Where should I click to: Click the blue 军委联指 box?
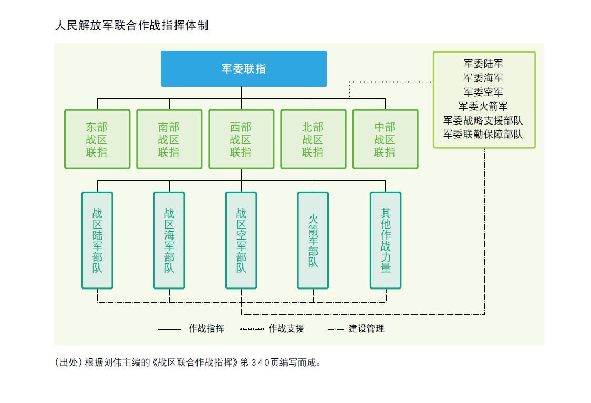click(x=243, y=69)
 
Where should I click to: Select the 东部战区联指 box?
click(x=97, y=139)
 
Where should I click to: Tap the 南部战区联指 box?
click(x=169, y=139)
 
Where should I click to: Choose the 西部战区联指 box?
click(x=241, y=139)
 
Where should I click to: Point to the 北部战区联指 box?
click(x=313, y=139)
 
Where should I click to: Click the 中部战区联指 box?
click(x=385, y=139)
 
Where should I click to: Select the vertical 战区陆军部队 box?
click(x=97, y=240)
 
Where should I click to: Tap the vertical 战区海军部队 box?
click(x=169, y=240)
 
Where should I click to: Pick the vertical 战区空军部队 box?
click(x=241, y=240)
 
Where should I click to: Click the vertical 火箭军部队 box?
click(x=313, y=240)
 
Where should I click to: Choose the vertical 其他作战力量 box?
click(x=386, y=240)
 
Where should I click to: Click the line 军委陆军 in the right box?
click(x=483, y=64)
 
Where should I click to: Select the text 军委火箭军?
click(x=483, y=106)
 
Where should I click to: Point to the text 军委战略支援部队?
click(x=483, y=120)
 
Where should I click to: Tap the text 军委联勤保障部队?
click(x=483, y=134)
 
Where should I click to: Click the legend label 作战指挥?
click(x=206, y=328)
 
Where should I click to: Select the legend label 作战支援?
click(x=286, y=328)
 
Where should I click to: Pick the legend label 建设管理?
click(x=367, y=328)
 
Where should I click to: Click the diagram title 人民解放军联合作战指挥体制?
click(x=131, y=25)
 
